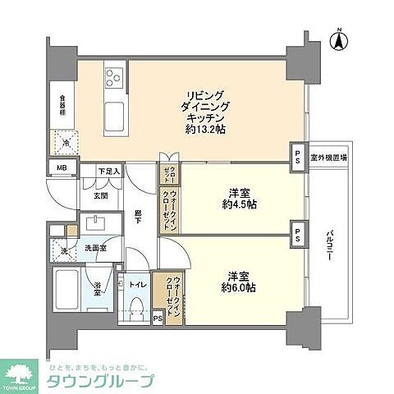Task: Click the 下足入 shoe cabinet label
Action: coord(109,172)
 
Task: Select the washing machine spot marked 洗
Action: coord(63,250)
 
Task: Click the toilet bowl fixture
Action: coord(137,308)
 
